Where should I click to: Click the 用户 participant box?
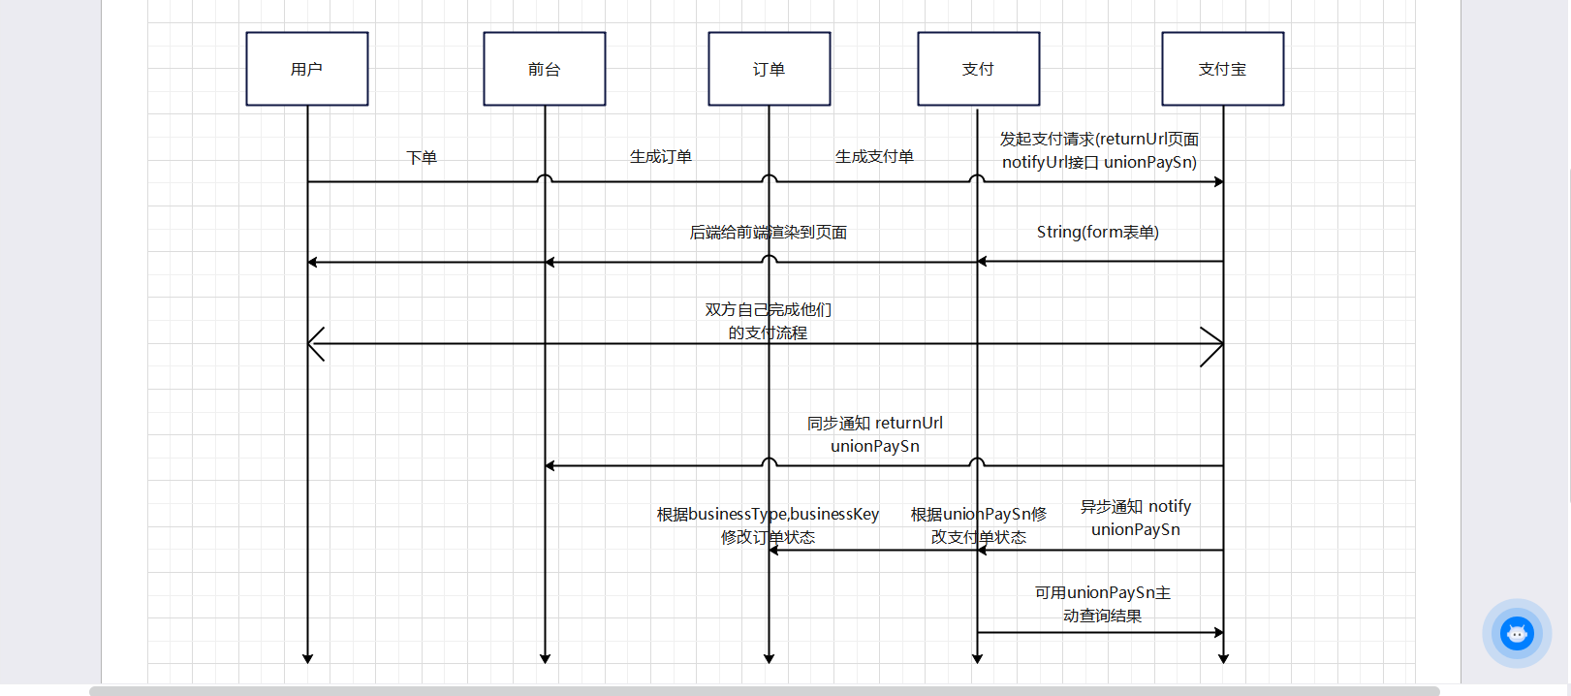tap(306, 69)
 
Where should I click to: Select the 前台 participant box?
tap(544, 69)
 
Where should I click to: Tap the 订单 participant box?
tap(769, 69)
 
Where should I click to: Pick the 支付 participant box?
tap(978, 69)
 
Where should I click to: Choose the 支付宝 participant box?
tap(1222, 69)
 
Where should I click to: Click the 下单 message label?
tap(422, 157)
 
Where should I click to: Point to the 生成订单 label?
tap(661, 156)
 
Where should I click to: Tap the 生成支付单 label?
tap(874, 156)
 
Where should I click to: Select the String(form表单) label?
tap(1097, 232)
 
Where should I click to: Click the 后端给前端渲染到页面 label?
tap(768, 233)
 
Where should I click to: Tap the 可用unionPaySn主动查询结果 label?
tap(1102, 604)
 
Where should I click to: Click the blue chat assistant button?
tap(1517, 634)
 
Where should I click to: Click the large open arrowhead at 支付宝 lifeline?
tap(1212, 344)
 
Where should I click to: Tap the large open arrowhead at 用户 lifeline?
tap(317, 344)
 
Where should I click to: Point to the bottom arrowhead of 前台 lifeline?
tap(545, 658)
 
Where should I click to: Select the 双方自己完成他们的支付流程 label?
tap(768, 321)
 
